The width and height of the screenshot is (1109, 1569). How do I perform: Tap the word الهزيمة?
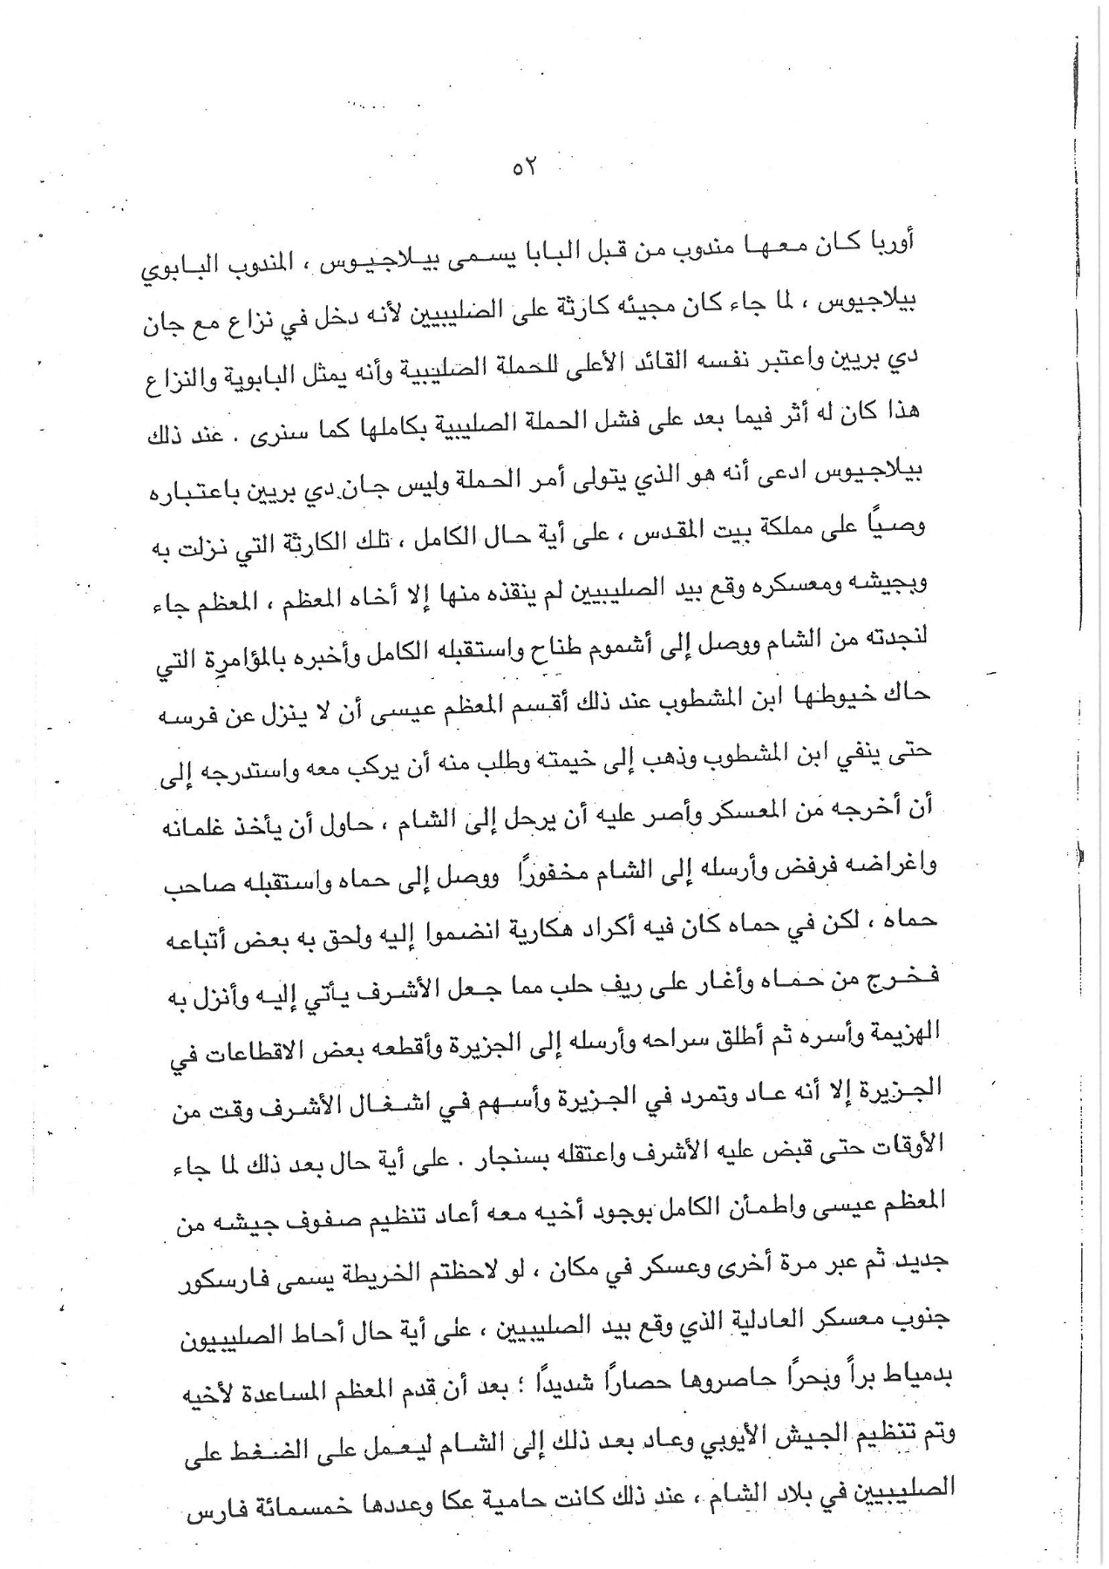898,1035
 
